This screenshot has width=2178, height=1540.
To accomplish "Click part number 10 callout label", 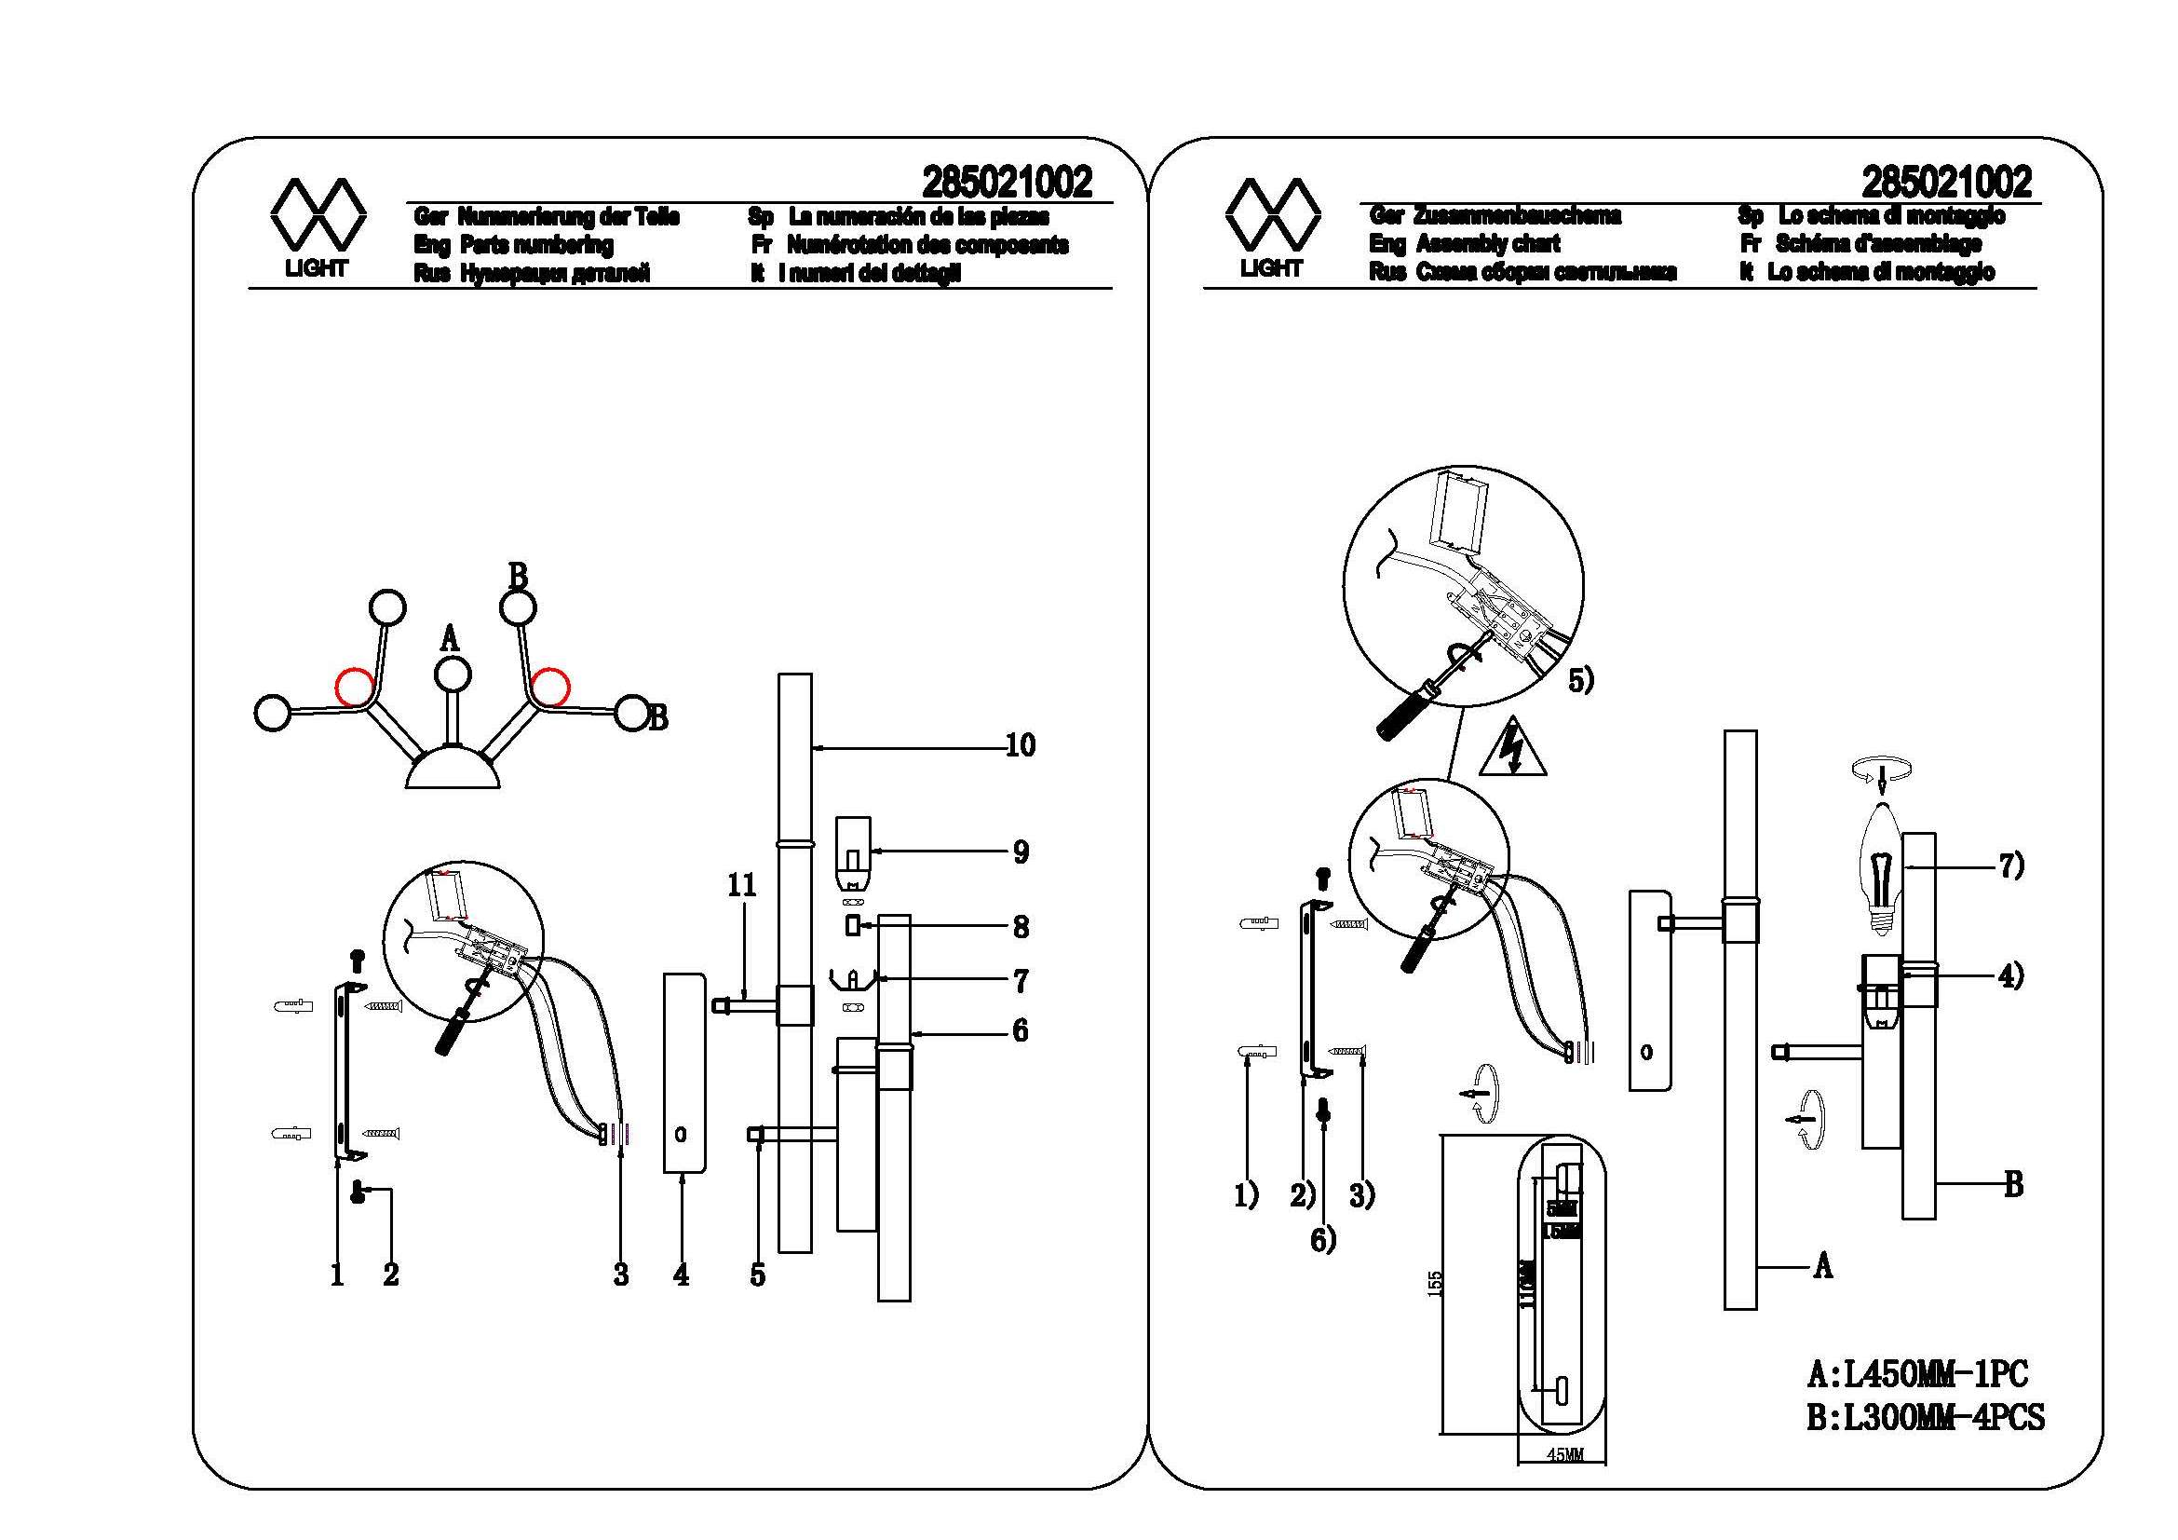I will click(x=1020, y=746).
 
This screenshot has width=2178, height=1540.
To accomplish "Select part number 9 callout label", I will click(x=1021, y=852).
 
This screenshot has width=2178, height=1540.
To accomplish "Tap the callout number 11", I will click(x=742, y=885).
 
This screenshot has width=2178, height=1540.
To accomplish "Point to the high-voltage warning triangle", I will click(x=1512, y=751).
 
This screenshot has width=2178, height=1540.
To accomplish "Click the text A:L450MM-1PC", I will click(x=1917, y=1373).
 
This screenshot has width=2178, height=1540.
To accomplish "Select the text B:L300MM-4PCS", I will click(x=1926, y=1418).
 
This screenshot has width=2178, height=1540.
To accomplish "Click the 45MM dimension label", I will click(x=1565, y=1481).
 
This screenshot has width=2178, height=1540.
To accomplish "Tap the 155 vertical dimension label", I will click(x=1434, y=1285).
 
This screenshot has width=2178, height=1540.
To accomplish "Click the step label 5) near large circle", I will click(x=1580, y=680).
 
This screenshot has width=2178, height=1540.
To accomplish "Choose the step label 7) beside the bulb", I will click(x=2011, y=866).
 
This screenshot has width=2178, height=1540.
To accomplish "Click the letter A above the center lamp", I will click(x=450, y=638).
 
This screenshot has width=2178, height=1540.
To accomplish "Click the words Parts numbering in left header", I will click(x=537, y=245).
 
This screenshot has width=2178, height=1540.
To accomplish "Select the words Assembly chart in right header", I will click(x=1487, y=244).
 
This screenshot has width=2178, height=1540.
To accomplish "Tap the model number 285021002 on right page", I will click(x=1946, y=183).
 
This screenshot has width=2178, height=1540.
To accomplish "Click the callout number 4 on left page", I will click(x=681, y=1275).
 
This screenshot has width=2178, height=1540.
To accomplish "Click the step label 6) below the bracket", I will click(x=1323, y=1240).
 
